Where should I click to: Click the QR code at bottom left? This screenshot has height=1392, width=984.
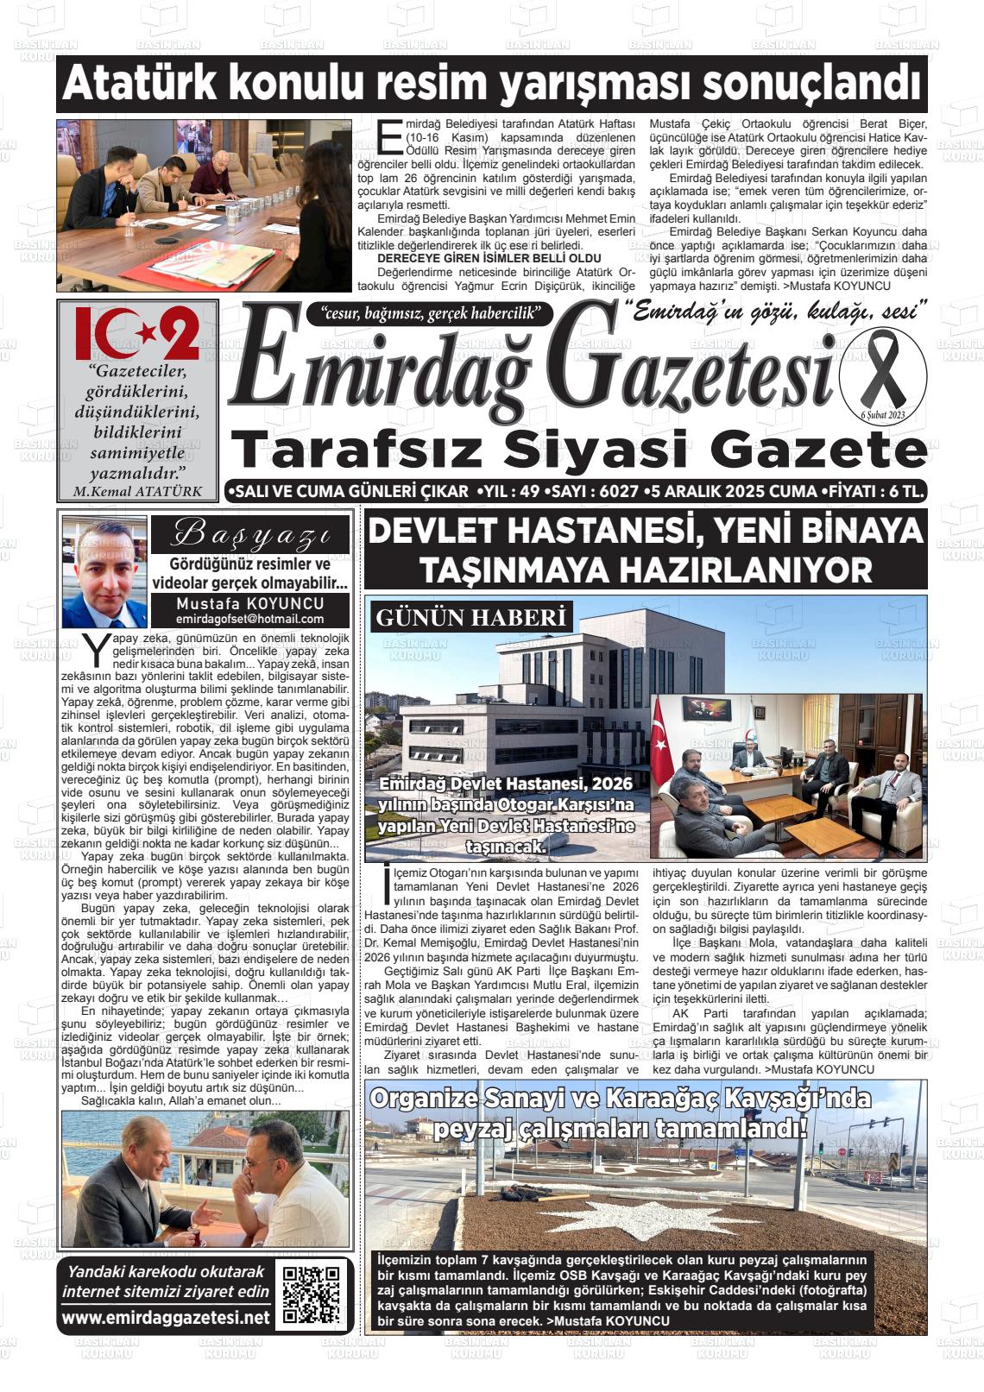pyautogui.click(x=313, y=1295)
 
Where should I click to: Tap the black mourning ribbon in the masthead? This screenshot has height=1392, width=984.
pyautogui.click(x=881, y=373)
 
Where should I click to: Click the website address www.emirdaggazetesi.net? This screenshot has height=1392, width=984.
pyautogui.click(x=166, y=1318)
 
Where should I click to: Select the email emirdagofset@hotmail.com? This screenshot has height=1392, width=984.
pyautogui.click(x=250, y=619)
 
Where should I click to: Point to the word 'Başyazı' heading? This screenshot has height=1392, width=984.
pyautogui.click(x=250, y=535)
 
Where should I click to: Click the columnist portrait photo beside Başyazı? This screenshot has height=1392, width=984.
pyautogui.click(x=104, y=573)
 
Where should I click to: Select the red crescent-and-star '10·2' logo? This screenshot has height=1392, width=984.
pyautogui.click(x=137, y=332)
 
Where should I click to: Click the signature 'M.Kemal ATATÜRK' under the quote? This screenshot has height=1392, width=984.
pyautogui.click(x=138, y=492)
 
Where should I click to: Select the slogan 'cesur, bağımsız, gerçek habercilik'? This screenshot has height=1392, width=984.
pyautogui.click(x=429, y=313)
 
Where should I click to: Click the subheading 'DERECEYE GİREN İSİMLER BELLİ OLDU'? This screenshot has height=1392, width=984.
pyautogui.click(x=489, y=258)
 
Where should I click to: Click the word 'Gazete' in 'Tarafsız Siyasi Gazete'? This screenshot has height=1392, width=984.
pyautogui.click(x=824, y=450)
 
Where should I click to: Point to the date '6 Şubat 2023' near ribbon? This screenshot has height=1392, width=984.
pyautogui.click(x=882, y=416)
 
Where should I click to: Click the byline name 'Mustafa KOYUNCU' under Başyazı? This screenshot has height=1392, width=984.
pyautogui.click(x=250, y=604)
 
